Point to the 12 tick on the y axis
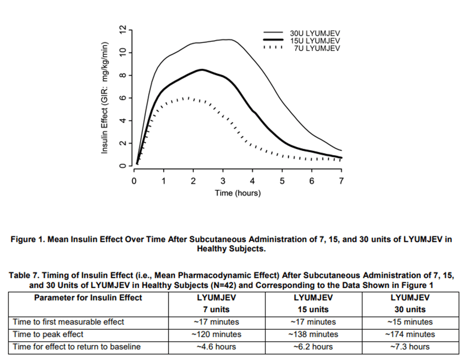pos(122,29)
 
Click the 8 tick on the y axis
pos(122,75)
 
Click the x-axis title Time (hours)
pos(238,193)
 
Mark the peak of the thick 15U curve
pos(202,69)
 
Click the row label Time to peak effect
pos(48,334)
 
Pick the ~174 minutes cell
pos(410,334)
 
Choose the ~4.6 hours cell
pos(217,347)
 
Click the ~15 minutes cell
pos(410,322)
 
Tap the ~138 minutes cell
pos(313,334)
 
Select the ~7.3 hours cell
pos(410,347)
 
